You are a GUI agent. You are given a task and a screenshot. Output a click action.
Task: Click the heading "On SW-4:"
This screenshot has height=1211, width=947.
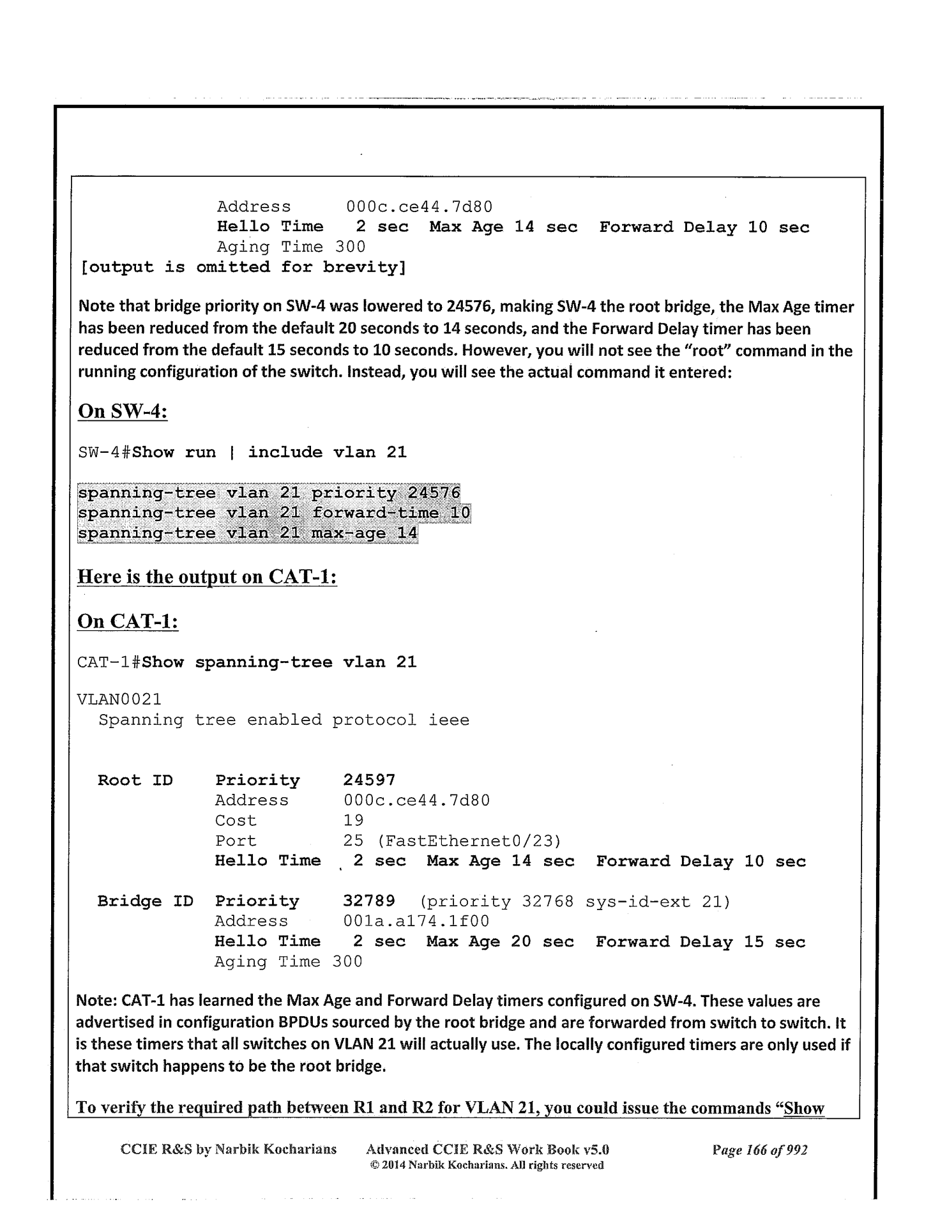tap(123, 411)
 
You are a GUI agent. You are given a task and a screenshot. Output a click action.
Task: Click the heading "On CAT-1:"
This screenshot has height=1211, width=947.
tap(128, 621)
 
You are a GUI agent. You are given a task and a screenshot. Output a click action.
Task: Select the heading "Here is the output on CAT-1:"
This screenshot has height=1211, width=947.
tap(207, 577)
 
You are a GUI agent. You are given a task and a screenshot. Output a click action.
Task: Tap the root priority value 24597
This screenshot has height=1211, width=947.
tap(369, 781)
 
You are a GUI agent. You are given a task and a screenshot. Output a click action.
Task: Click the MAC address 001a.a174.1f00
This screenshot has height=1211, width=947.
tap(416, 922)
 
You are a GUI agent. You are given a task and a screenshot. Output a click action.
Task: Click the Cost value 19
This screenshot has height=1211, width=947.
tap(353, 821)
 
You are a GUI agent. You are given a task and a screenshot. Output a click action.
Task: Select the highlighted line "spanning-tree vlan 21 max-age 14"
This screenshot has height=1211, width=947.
tap(247, 533)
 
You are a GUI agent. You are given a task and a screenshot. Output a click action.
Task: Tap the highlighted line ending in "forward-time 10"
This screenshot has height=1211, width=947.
tap(273, 513)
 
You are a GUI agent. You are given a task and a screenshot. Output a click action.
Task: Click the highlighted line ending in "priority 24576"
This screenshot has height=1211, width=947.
tap(268, 493)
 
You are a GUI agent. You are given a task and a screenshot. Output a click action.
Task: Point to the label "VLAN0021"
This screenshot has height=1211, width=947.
tap(119, 700)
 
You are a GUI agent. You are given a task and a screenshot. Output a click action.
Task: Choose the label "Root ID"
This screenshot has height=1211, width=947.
tap(135, 781)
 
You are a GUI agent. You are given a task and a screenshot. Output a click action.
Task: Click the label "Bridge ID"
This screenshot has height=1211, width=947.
tap(146, 901)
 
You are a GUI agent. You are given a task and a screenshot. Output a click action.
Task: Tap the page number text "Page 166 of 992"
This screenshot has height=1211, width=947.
tap(760, 1150)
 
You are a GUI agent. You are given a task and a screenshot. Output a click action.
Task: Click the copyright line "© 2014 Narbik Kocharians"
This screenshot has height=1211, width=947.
tap(487, 1165)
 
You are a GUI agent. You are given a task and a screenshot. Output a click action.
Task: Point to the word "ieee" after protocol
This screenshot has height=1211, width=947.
tap(449, 720)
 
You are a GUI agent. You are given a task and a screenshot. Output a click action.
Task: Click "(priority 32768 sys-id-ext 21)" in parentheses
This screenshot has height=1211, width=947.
tap(575, 902)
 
